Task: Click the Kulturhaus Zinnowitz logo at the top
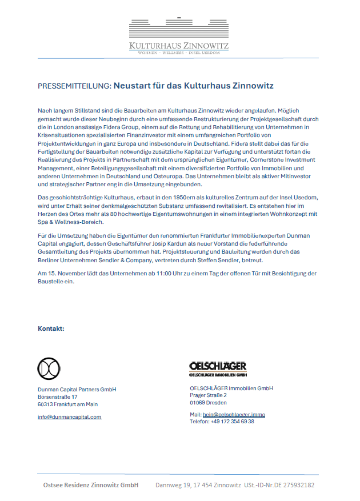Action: click(x=179, y=36)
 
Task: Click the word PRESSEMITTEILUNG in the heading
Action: click(x=74, y=86)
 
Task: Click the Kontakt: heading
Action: click(x=51, y=329)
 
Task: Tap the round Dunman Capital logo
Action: click(x=49, y=368)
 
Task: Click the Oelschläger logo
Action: click(x=218, y=369)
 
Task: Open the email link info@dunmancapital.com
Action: click(x=69, y=417)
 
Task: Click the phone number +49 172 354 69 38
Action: click(x=232, y=422)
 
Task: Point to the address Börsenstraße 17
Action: click(x=57, y=396)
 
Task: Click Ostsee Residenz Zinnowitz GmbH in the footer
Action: click(x=91, y=485)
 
